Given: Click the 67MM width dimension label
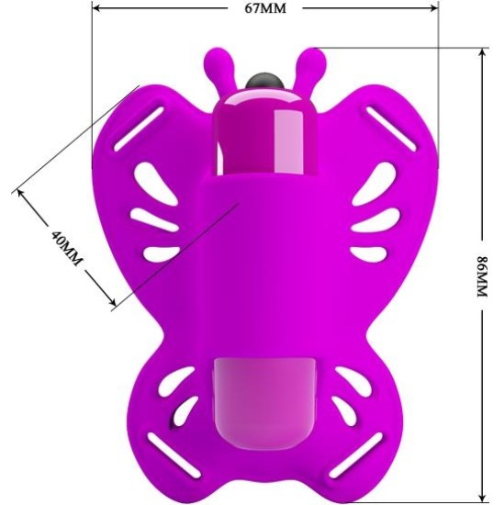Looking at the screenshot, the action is pyautogui.click(x=265, y=8).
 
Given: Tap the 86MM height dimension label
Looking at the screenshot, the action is pyautogui.click(x=482, y=276).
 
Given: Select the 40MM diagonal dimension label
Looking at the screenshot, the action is pyautogui.click(x=66, y=248).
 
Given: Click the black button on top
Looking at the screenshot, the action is pyautogui.click(x=264, y=81).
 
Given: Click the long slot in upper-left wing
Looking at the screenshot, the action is pyautogui.click(x=139, y=129).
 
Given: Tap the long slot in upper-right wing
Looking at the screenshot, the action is pyautogui.click(x=392, y=129).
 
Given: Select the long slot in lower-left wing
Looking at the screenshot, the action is pyautogui.click(x=174, y=455).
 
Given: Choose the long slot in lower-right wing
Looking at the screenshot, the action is pyautogui.click(x=355, y=455).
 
